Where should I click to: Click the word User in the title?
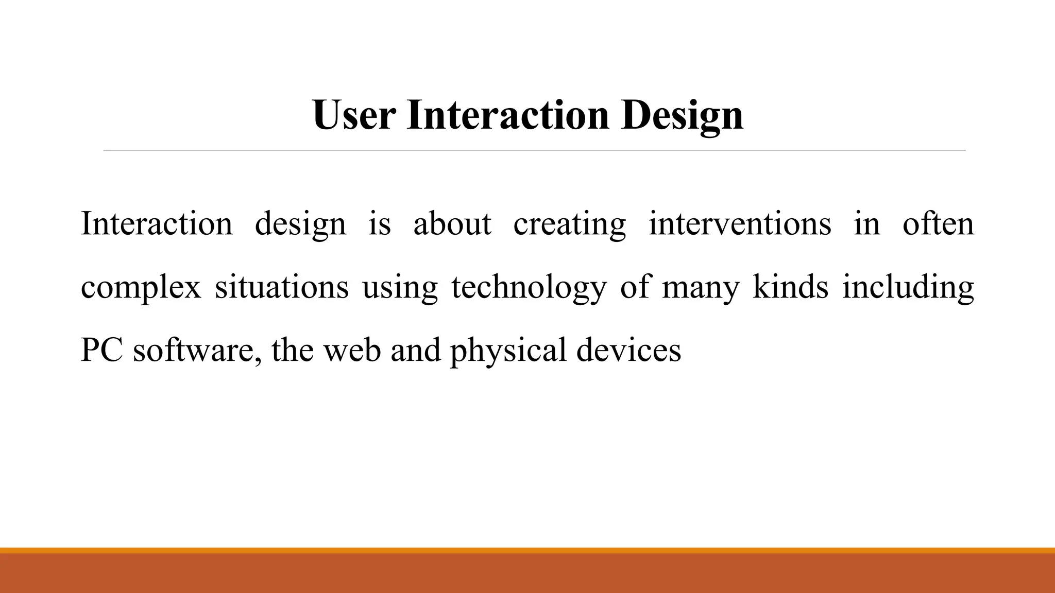(354, 115)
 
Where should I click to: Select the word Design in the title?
(682, 115)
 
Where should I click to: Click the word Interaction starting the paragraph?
(157, 224)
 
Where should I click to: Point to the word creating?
(569, 224)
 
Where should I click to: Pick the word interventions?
(739, 224)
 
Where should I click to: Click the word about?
(452, 224)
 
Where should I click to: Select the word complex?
(141, 287)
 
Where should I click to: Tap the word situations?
(281, 287)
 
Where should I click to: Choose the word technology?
(529, 287)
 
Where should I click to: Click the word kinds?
(790, 287)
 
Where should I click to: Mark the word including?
(908, 287)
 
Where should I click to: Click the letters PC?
(101, 350)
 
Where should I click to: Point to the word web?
(352, 350)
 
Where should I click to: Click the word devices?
(628, 350)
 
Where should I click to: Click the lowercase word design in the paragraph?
(300, 224)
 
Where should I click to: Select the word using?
(400, 287)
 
